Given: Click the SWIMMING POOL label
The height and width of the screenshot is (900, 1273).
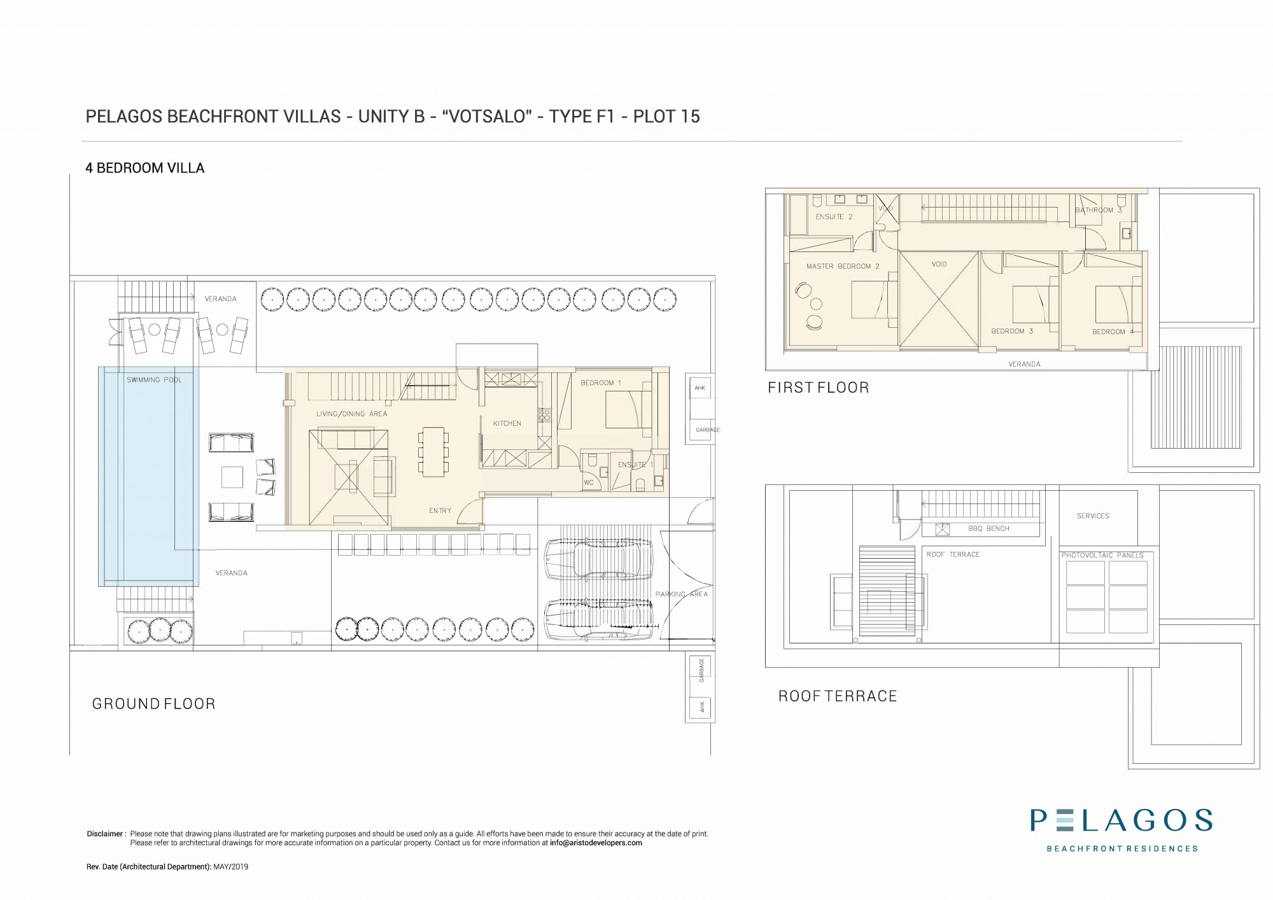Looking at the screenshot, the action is [x=154, y=380].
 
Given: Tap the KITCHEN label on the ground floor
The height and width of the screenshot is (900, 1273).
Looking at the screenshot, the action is [x=507, y=423].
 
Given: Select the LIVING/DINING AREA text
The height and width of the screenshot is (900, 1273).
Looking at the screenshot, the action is [x=351, y=414].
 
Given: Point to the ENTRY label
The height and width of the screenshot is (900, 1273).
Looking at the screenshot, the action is [x=440, y=510].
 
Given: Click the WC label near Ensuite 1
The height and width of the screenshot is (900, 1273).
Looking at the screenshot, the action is [x=589, y=483].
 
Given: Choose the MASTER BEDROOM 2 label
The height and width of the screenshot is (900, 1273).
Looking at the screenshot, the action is [x=843, y=266].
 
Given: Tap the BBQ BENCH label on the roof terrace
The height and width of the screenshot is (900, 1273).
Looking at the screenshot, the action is [x=988, y=528].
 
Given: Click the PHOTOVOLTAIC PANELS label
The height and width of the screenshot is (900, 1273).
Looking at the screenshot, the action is [x=1102, y=555].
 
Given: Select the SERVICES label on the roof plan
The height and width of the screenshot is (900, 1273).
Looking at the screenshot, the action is [x=1093, y=516].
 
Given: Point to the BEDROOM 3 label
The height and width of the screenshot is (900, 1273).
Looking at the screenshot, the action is [x=1012, y=331].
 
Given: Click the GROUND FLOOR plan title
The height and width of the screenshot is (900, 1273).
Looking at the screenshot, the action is [x=154, y=703].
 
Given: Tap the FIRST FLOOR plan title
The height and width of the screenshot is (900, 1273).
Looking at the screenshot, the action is [x=819, y=388].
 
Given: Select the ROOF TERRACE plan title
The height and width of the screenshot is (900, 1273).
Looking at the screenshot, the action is [x=838, y=696].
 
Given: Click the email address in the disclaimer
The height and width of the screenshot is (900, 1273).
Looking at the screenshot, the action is [x=596, y=843].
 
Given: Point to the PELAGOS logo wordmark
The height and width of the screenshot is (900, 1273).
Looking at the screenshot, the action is [x=1122, y=820].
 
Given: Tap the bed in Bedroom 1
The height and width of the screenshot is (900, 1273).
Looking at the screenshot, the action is [x=628, y=410].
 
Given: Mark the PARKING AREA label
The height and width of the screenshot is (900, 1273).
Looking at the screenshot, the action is [x=682, y=594].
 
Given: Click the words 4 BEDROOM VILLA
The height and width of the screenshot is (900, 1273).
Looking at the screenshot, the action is [x=145, y=168].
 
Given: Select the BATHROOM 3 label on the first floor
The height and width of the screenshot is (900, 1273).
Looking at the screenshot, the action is [x=1099, y=210].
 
